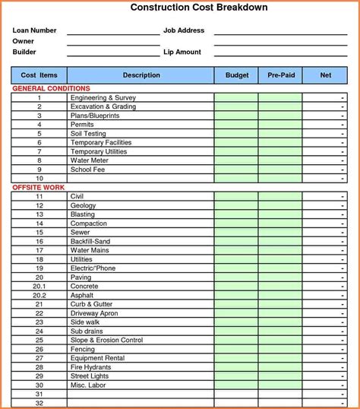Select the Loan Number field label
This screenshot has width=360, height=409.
[x=34, y=31]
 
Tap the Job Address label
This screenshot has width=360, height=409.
[x=184, y=31]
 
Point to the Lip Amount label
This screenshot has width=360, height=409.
[x=182, y=52]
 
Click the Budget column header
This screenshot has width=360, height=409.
[x=236, y=75]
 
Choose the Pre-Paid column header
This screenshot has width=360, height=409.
[x=280, y=75]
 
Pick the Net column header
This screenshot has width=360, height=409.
[x=326, y=75]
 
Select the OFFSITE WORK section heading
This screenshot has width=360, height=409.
[x=38, y=187]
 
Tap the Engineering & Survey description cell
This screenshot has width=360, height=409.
[x=103, y=98]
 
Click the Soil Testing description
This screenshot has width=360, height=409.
[x=88, y=134]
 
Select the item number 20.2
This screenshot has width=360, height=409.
[x=39, y=295]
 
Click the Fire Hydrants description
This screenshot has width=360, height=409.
[x=90, y=366]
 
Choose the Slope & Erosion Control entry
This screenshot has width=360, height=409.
[x=106, y=340]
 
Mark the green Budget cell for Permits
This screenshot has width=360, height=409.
[x=236, y=125]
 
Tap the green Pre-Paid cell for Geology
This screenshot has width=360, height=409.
[x=280, y=205]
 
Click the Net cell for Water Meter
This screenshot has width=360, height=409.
[x=326, y=160]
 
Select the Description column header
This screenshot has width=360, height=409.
[x=141, y=75]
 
